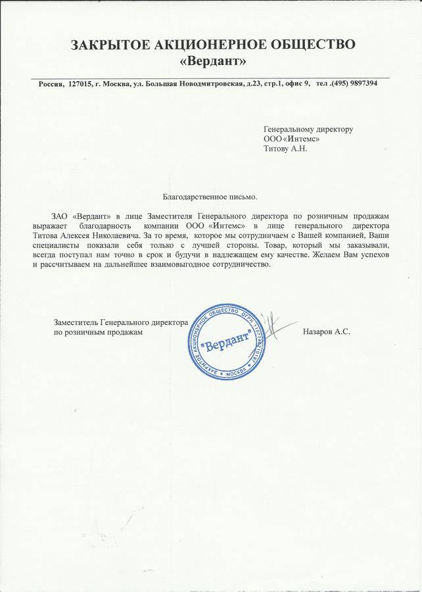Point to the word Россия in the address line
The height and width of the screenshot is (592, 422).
[51, 84]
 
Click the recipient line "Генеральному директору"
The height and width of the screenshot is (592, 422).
[308, 129]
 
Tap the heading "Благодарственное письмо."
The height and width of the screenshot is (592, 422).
[210, 196]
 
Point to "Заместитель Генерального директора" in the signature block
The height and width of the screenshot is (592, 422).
[121, 323]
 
